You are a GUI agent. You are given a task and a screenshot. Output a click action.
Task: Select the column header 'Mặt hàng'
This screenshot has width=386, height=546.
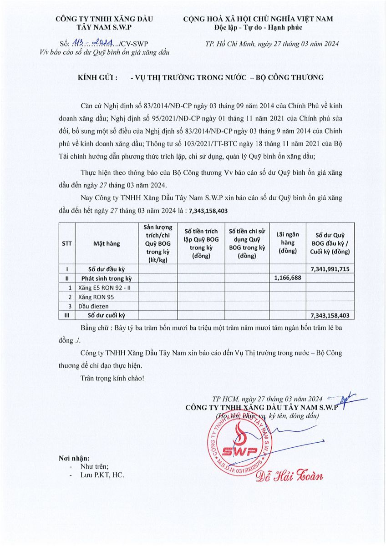pos(107,243)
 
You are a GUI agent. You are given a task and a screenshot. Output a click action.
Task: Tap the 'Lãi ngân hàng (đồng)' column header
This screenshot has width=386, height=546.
pos(288,243)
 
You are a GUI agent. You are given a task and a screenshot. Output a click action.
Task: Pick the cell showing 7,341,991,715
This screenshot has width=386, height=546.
pos(330,269)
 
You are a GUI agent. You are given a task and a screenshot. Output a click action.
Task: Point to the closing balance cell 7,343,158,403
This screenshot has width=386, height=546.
pos(330,315)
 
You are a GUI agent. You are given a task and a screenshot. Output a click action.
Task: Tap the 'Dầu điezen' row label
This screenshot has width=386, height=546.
pos(94,306)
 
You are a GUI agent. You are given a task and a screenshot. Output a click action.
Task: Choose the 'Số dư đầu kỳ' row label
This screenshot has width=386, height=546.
pos(107,269)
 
